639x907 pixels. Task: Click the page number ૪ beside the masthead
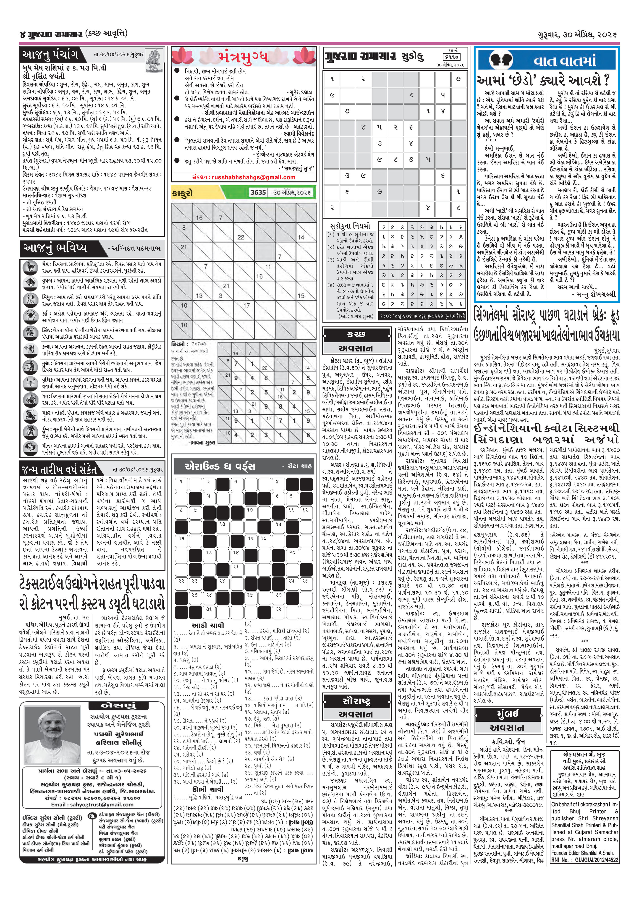22,35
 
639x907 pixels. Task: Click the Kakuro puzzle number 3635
258,192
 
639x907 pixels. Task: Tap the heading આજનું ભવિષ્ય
55,248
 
